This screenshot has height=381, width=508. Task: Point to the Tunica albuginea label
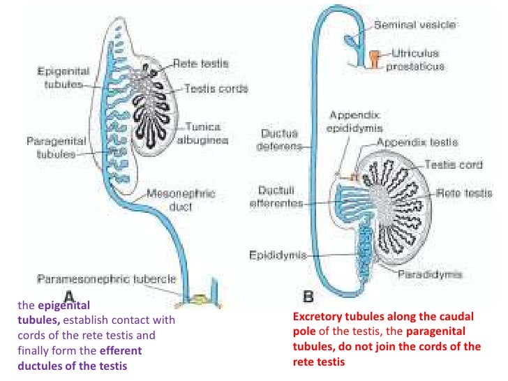(x=203, y=133)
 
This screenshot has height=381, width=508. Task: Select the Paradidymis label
(x=429, y=274)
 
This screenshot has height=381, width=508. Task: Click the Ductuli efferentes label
(x=278, y=197)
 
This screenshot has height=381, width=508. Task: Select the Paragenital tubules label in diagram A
(x=56, y=147)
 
